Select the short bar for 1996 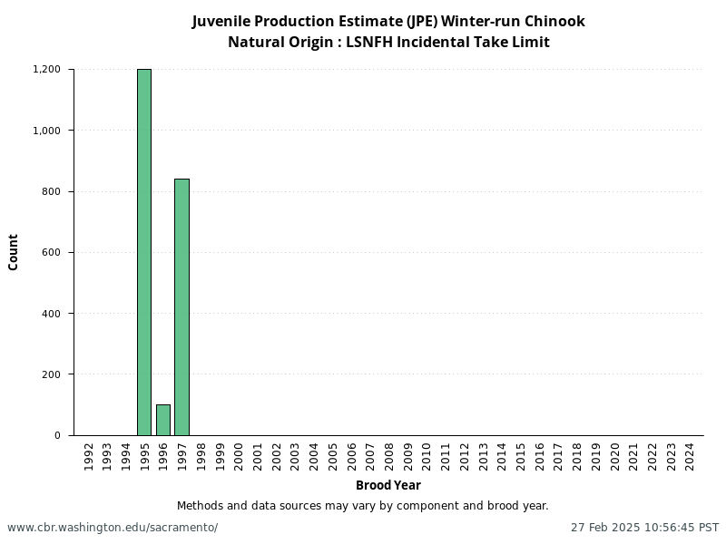pyautogui.click(x=163, y=420)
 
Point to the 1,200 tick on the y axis pyautogui.click(x=46, y=70)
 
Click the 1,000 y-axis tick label pyautogui.click(x=46, y=131)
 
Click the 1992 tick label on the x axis pyautogui.click(x=88, y=454)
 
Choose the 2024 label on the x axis pyautogui.click(x=690, y=454)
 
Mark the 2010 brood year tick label pyautogui.click(x=427, y=454)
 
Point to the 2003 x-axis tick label pyautogui.click(x=295, y=454)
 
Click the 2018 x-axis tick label pyautogui.click(x=577, y=454)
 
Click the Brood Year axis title pyautogui.click(x=388, y=485)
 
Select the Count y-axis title pyautogui.click(x=14, y=252)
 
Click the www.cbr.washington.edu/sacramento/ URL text pyautogui.click(x=113, y=527)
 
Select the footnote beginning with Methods pyautogui.click(x=362, y=506)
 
